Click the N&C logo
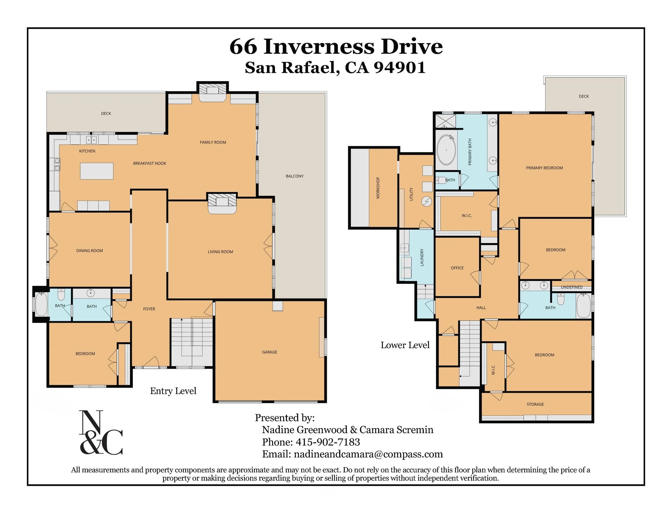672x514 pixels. coord(101,432)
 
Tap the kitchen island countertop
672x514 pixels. coord(97,171)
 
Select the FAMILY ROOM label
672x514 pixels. coord(213,142)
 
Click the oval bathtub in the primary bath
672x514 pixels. coord(446,150)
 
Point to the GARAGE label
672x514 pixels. coord(270,352)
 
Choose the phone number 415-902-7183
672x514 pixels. coord(328,442)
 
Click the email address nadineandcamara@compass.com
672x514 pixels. coord(369,454)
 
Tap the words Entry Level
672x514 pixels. coord(173,391)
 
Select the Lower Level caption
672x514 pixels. coord(405,345)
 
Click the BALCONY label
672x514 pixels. coord(295,176)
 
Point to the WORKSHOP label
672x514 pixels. coord(378,188)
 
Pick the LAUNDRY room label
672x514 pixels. coord(422,257)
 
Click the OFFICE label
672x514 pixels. coord(457,268)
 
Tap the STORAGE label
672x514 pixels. coord(535,404)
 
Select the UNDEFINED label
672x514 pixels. coord(572,287)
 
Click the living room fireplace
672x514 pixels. coord(222,203)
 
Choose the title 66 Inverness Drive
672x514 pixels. coord(336,46)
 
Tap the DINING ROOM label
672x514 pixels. coord(90,251)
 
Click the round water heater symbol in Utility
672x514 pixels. coord(427,202)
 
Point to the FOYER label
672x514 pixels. coord(149,309)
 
